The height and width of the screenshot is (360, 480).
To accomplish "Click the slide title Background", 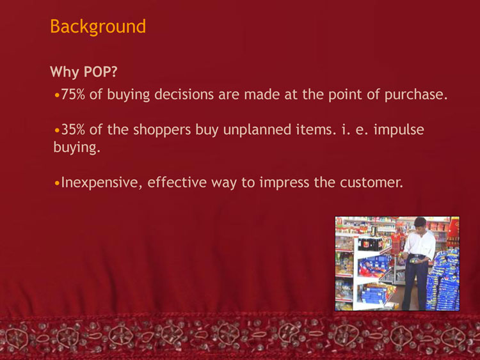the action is pyautogui.click(x=98, y=27).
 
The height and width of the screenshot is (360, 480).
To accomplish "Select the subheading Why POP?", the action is pyautogui.click(x=84, y=72).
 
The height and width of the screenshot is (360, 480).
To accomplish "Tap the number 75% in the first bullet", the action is pyautogui.click(x=73, y=94).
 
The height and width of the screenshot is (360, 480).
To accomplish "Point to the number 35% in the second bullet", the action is pyautogui.click(x=73, y=129).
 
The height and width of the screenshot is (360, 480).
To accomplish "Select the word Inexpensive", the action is pyautogui.click(x=102, y=183).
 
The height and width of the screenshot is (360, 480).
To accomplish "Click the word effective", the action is pyautogui.click(x=177, y=182).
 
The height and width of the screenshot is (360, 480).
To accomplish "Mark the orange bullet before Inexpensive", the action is pyautogui.click(x=57, y=184).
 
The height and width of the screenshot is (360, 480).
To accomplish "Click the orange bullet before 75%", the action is pyautogui.click(x=57, y=95).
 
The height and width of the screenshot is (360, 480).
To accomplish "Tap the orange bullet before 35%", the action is pyautogui.click(x=57, y=130).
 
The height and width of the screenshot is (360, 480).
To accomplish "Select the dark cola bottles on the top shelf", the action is pyautogui.click(x=371, y=244).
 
